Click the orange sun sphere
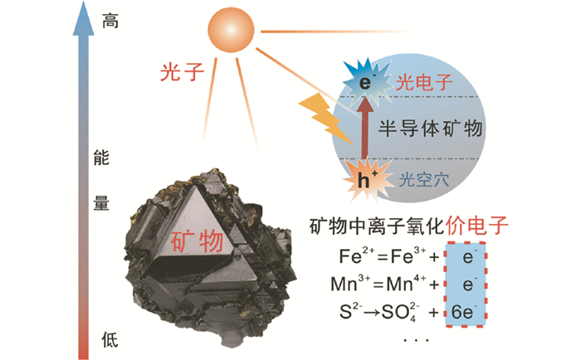click(229, 32)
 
